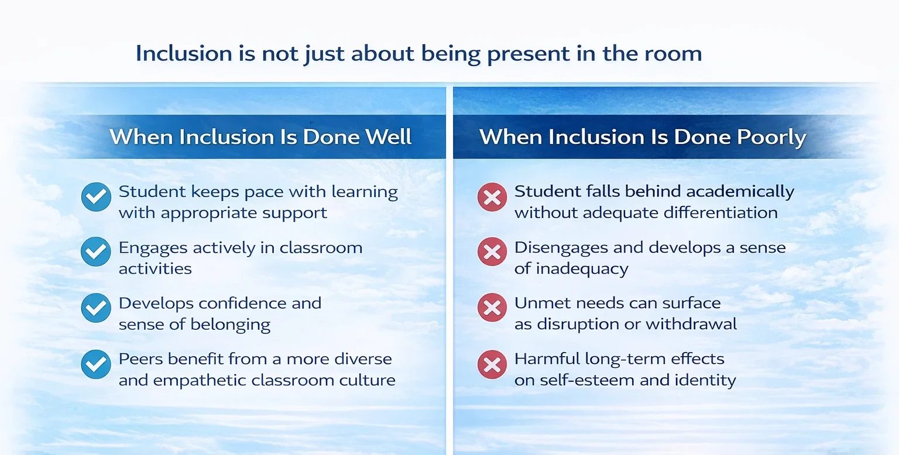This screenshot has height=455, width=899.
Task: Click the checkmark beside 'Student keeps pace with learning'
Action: point(96,197)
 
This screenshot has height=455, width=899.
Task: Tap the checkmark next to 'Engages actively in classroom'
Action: point(96,252)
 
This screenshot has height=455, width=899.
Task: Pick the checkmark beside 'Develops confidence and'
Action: point(96,308)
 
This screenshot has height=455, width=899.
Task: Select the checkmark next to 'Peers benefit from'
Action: point(96,364)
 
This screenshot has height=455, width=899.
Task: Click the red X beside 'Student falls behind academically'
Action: point(492,197)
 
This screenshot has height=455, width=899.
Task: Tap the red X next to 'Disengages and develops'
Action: point(492,252)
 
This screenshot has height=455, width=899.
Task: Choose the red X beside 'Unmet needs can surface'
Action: point(492,308)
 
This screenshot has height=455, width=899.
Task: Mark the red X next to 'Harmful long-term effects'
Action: point(492,364)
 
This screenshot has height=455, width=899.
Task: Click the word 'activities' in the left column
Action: point(147,269)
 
